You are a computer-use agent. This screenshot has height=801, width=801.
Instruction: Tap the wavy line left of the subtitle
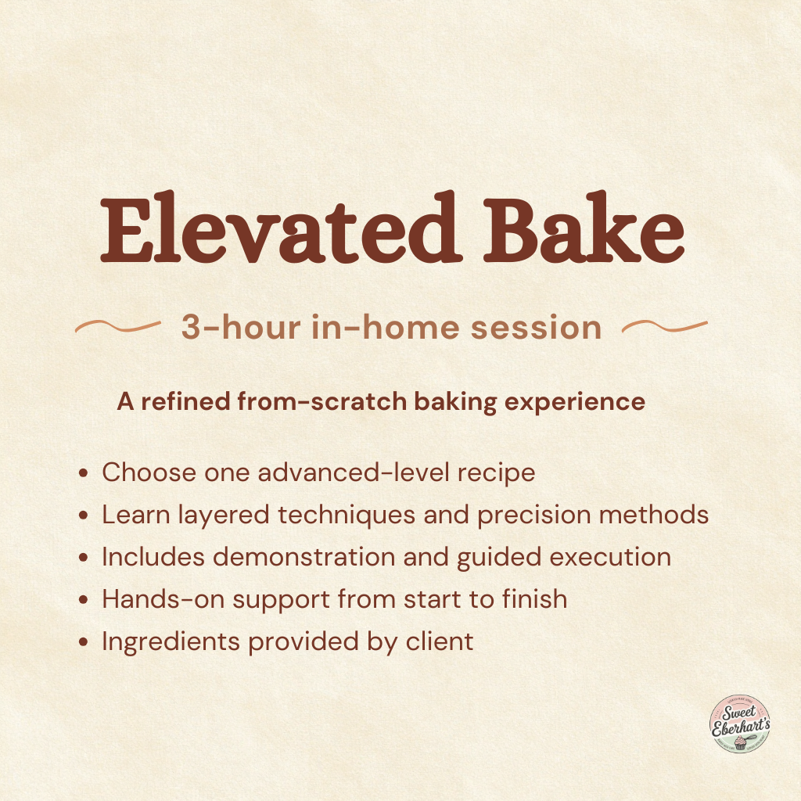pos(117,327)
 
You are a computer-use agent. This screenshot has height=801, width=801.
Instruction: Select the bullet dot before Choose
pos(84,474)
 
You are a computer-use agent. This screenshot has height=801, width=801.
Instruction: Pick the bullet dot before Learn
pos(84,516)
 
